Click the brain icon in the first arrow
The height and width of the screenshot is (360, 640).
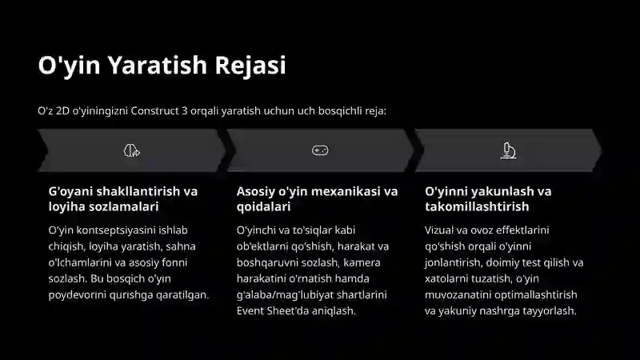coord(132,150)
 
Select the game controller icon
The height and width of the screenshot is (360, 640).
coord(320,150)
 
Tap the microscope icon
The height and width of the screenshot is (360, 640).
coord(507,150)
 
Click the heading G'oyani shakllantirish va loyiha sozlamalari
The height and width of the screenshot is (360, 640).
coord(123,199)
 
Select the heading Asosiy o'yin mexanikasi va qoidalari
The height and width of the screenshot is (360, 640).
coord(317,199)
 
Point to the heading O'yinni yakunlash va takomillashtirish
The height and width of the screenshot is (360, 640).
coord(488,199)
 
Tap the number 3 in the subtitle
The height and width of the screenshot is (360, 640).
coord(197,110)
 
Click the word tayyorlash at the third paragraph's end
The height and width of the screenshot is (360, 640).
coord(548,310)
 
